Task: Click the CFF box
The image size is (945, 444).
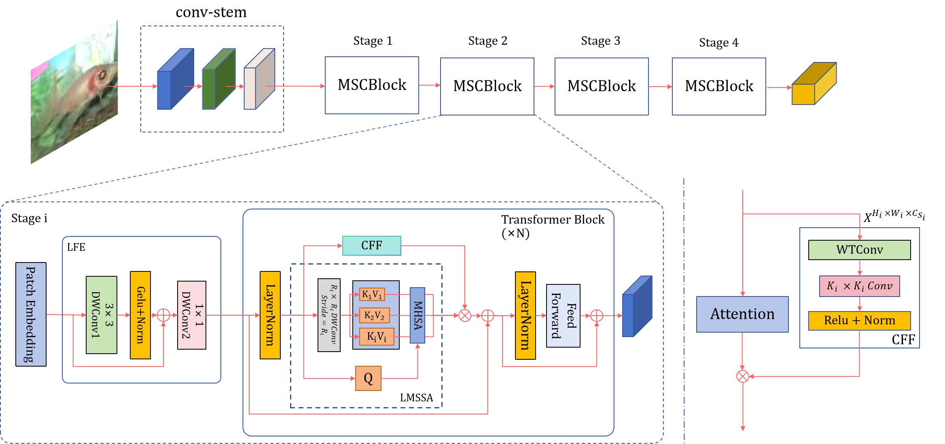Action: point(371,245)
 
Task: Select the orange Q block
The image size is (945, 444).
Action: point(368,378)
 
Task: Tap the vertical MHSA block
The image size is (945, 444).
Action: point(417,315)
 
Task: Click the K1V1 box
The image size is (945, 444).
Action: point(372,295)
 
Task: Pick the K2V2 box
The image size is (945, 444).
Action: point(374,315)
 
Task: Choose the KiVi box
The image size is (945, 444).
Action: point(376,337)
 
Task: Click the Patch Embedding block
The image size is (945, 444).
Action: point(31,314)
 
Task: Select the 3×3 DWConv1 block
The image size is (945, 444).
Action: point(102,315)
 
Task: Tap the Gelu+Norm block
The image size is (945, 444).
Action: point(140,315)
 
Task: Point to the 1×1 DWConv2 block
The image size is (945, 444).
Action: point(192,315)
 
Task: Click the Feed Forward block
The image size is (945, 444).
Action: point(563,316)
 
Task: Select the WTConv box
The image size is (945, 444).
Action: point(859,250)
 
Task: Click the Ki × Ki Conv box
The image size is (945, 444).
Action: point(859,286)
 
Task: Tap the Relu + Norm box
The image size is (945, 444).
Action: point(859,320)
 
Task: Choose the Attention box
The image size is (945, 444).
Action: point(742,314)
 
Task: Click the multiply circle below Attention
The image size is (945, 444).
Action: point(743,376)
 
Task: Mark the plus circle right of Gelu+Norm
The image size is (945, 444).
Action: point(163,315)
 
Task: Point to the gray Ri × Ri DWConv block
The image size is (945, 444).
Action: point(329,315)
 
